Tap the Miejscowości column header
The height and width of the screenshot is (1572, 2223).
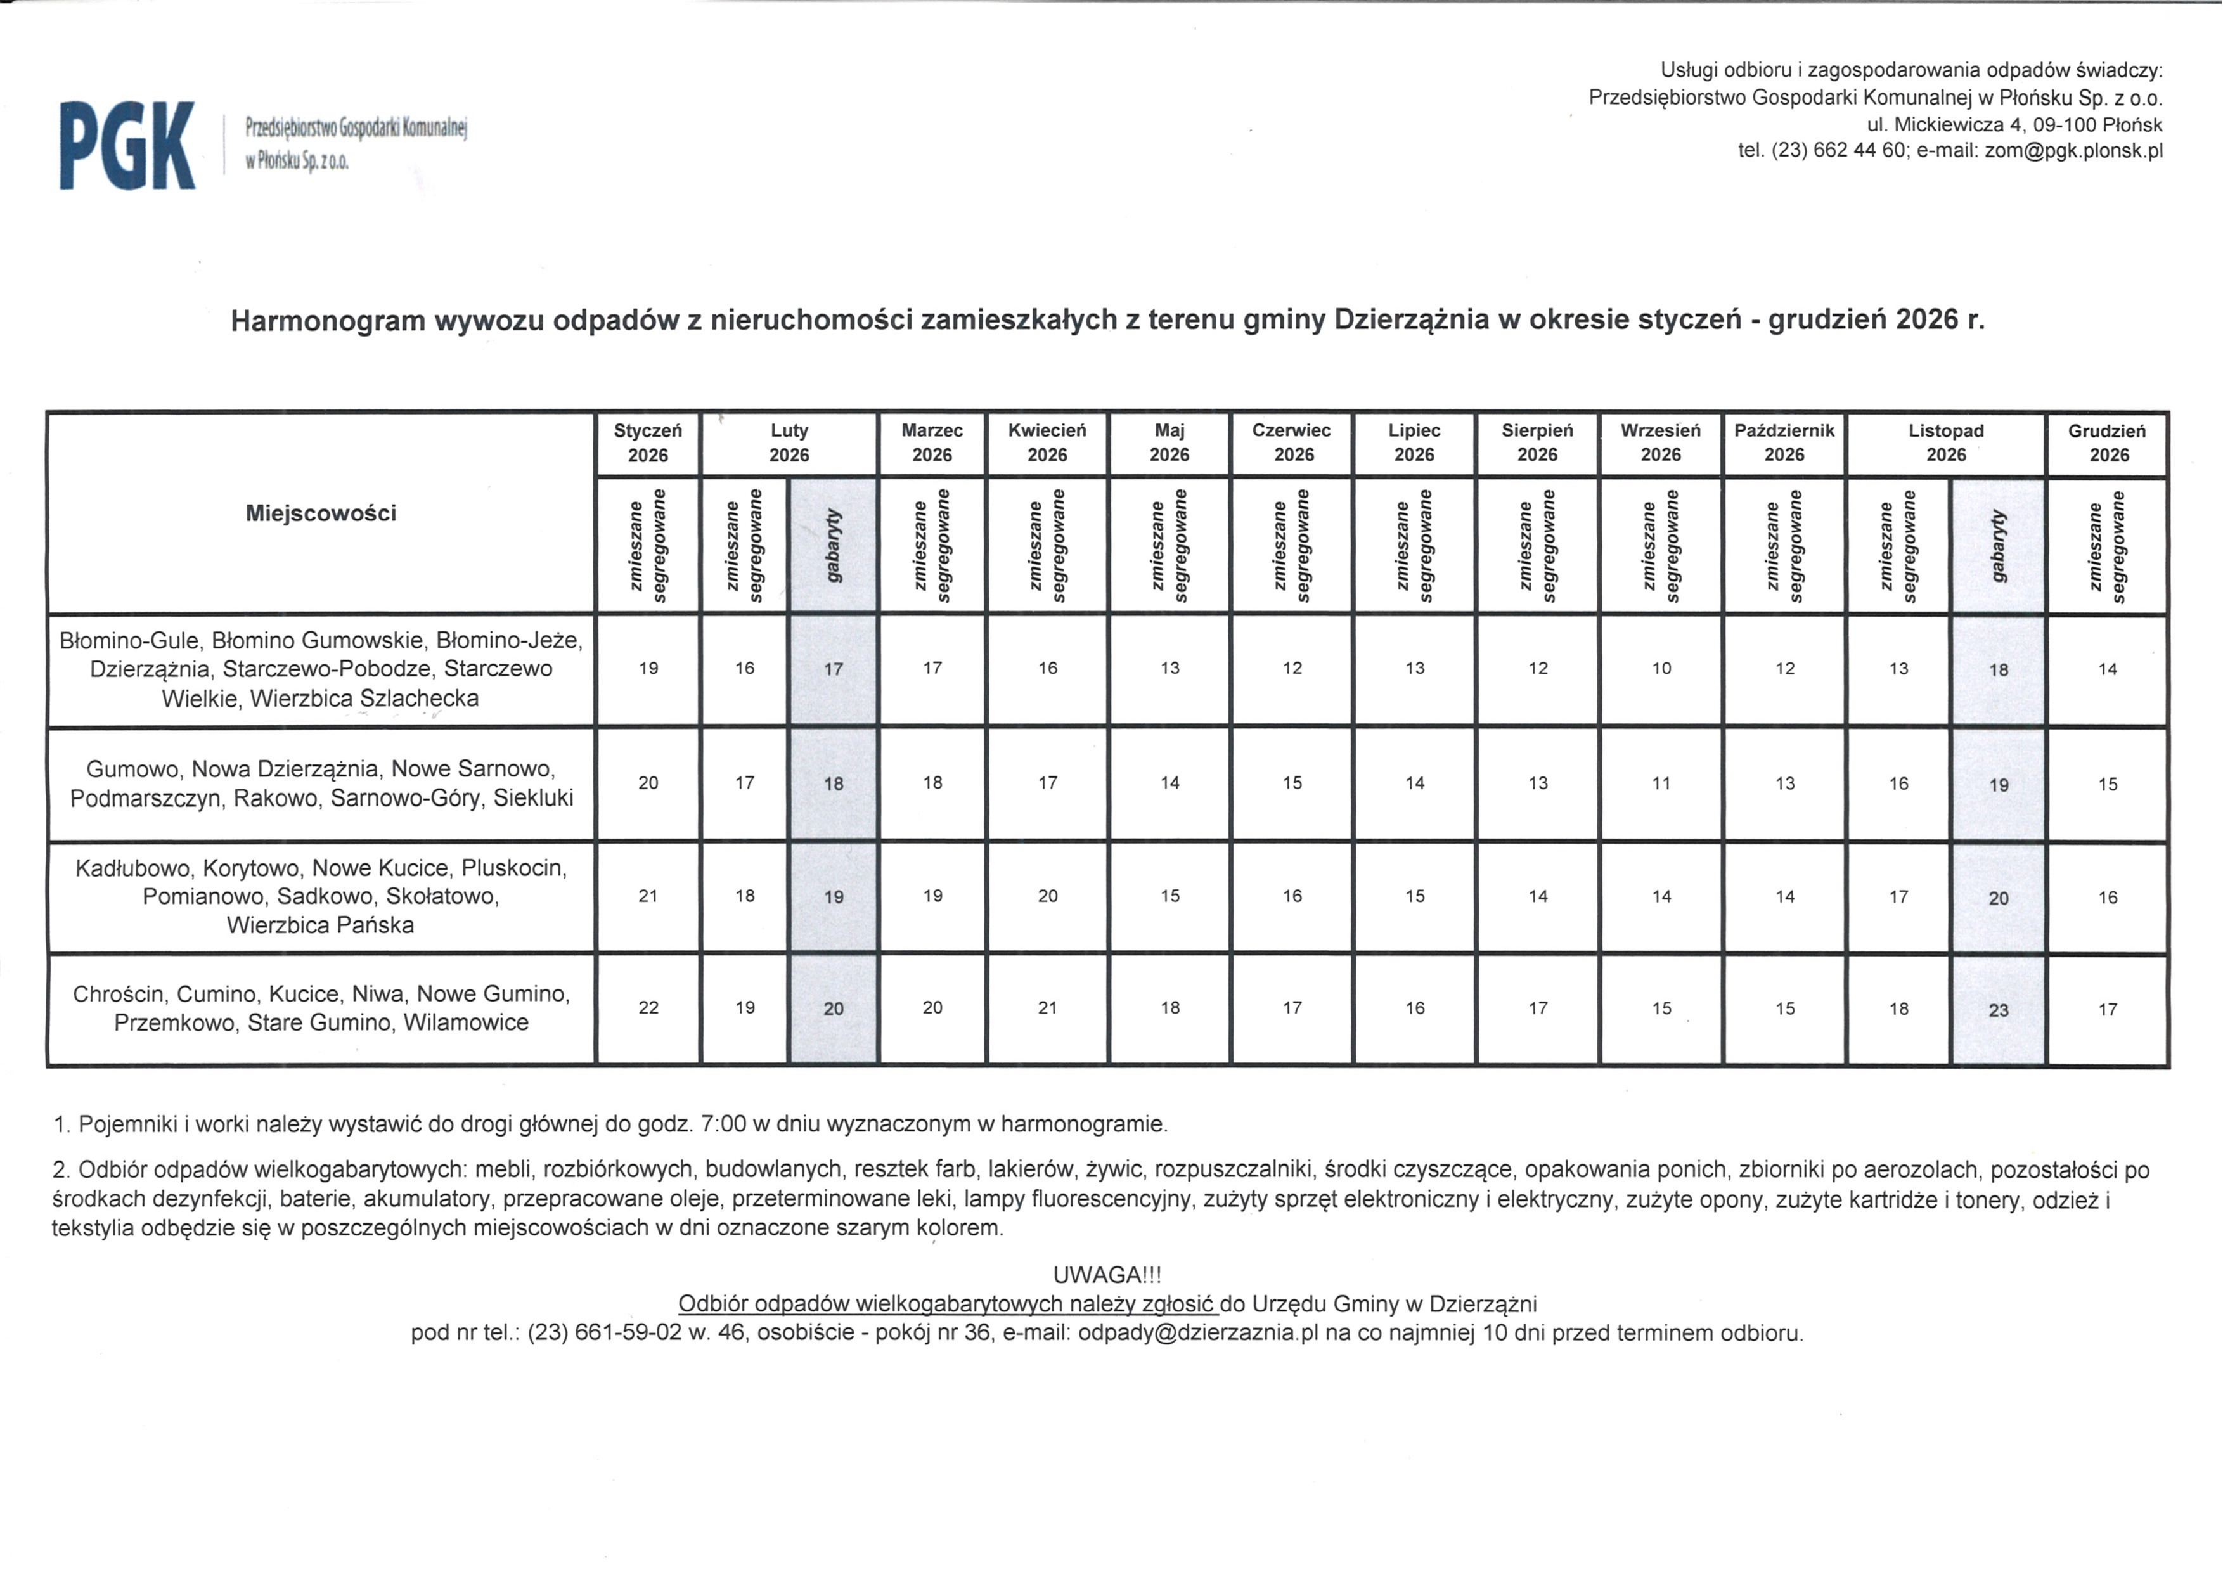(x=321, y=513)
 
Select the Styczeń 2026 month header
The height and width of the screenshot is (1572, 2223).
(x=648, y=442)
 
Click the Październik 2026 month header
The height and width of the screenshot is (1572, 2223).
(x=1784, y=442)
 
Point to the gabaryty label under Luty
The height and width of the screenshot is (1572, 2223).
(x=834, y=545)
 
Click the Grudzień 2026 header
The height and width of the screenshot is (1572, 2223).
(x=2107, y=442)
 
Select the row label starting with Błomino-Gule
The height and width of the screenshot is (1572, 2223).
(x=321, y=669)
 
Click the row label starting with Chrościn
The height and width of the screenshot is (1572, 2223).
(x=321, y=1008)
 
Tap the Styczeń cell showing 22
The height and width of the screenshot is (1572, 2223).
(x=648, y=1008)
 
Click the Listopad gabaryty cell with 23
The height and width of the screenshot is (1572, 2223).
(x=1999, y=1010)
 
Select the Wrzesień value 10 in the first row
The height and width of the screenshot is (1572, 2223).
(x=1661, y=669)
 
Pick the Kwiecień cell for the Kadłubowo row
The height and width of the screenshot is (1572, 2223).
(x=1048, y=896)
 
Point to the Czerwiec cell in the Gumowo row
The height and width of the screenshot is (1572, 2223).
(x=1292, y=783)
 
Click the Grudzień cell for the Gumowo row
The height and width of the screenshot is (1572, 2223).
(x=2108, y=785)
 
